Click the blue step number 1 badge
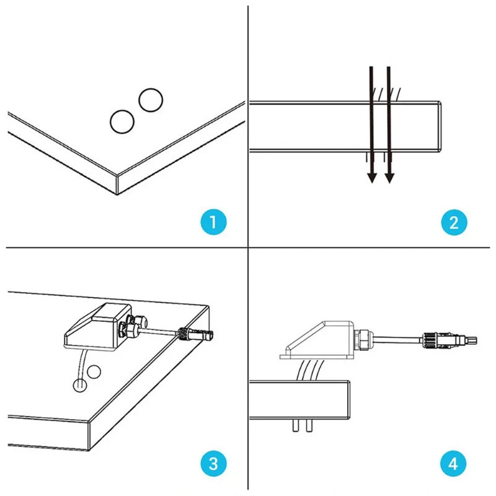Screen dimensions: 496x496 213,222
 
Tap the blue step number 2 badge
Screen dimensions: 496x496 454,223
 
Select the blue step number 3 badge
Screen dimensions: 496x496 213,463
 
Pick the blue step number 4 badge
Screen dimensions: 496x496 453,463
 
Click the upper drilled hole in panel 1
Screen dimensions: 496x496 151,100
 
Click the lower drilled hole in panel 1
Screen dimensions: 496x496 122,122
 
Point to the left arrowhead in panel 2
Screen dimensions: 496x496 372,178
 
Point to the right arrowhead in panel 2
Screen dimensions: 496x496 389,178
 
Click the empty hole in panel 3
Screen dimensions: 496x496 94,371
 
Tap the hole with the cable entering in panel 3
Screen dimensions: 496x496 80,385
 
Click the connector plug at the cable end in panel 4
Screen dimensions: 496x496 448,340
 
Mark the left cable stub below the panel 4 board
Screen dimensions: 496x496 296,425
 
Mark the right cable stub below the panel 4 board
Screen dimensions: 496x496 309,425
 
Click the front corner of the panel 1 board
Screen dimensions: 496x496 117,176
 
